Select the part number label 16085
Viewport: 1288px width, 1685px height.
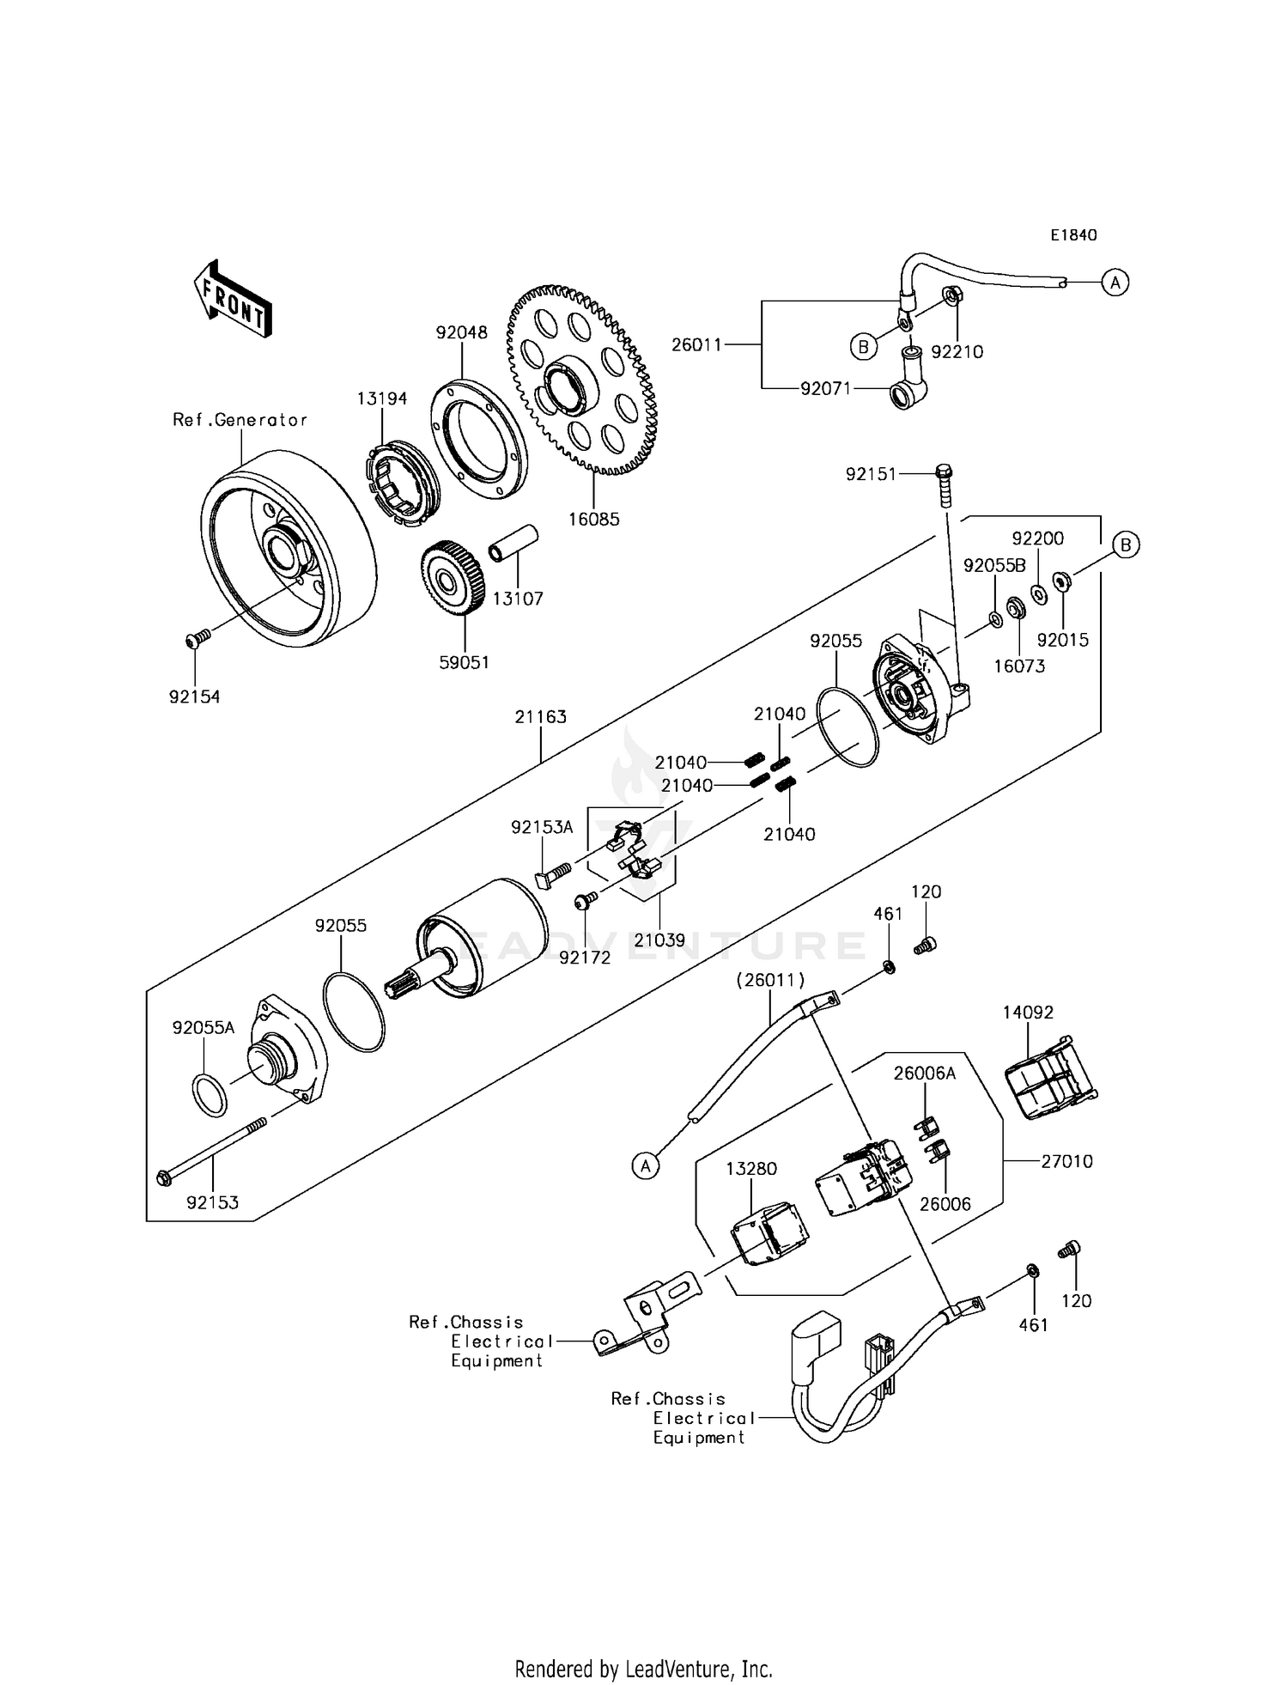point(593,520)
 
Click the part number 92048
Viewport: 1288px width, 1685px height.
point(461,332)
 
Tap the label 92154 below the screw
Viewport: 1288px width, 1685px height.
point(194,697)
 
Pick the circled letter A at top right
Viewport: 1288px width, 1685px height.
point(1115,282)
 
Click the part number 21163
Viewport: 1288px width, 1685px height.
point(541,717)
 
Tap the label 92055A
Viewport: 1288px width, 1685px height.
point(204,1028)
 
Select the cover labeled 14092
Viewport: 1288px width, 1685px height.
point(1050,1079)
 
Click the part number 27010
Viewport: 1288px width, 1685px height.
point(1066,1161)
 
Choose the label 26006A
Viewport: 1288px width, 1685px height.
point(925,1074)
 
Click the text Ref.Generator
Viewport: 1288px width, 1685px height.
point(240,420)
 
